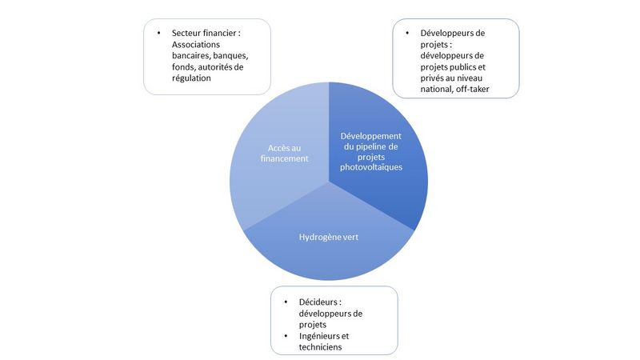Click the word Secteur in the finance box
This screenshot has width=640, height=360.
(186, 33)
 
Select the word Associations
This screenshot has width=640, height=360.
(196, 45)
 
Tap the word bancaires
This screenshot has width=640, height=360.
(191, 55)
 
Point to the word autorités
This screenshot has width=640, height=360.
(221, 67)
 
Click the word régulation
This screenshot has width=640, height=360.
(191, 78)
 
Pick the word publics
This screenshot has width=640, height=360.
(464, 67)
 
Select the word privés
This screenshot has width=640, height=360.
(432, 78)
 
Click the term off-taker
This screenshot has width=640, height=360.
(472, 89)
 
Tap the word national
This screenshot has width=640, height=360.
(437, 90)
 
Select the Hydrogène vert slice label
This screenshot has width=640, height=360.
(329, 237)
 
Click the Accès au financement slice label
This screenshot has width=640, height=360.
(285, 153)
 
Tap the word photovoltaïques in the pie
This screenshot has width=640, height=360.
(371, 167)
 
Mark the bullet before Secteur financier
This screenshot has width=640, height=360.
(158, 33)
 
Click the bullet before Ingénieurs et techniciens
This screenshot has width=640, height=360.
(286, 336)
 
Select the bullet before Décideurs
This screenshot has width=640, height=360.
(286, 302)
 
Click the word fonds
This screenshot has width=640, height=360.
(183, 67)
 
